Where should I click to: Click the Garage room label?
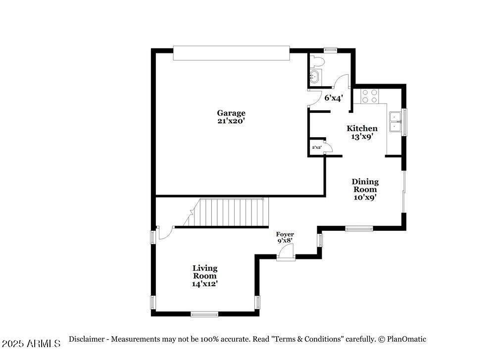tap(231, 113)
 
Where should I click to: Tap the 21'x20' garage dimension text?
tap(231, 121)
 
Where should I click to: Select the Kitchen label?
tap(361, 128)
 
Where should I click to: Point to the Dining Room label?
tap(365, 185)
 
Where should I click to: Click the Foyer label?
tap(285, 234)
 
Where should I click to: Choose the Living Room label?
tap(205, 272)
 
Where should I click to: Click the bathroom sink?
tap(314, 76)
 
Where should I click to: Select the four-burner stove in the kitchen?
tap(369, 96)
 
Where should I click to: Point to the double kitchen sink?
tap(395, 122)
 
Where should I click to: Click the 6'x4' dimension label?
tap(333, 98)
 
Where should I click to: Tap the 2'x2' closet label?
tap(316, 148)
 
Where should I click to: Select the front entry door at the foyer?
tap(286, 253)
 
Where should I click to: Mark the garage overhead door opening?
tap(231, 53)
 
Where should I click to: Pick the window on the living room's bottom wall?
tap(204, 313)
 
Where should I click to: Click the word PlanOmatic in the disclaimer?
tap(406, 339)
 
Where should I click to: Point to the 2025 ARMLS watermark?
tap(31, 343)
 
